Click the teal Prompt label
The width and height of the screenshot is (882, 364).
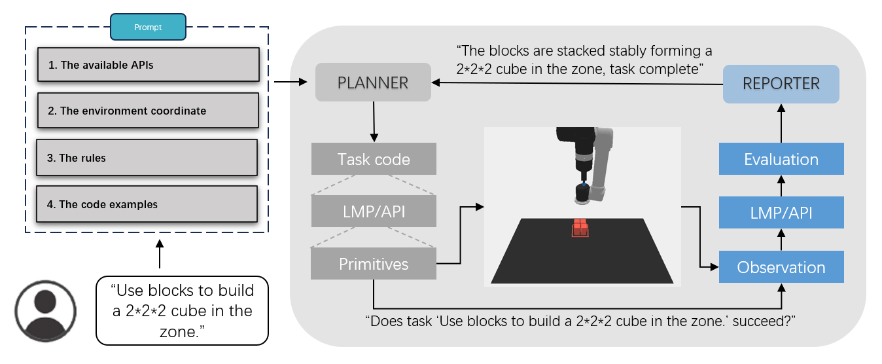tap(148, 27)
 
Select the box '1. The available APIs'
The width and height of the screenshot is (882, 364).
tap(149, 65)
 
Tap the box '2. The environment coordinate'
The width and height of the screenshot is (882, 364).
tap(149, 111)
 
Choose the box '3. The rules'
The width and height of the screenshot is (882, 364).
tap(147, 158)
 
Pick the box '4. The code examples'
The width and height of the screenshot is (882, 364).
tap(147, 204)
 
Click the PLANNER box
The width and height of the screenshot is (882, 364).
tap(373, 82)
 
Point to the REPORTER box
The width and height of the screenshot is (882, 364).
tap(781, 84)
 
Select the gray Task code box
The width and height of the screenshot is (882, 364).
tap(374, 159)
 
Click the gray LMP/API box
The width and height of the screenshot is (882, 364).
tap(374, 211)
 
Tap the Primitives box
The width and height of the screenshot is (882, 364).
tap(374, 264)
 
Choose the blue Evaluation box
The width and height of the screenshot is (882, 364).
tap(781, 159)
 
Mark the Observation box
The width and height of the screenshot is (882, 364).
tap(781, 267)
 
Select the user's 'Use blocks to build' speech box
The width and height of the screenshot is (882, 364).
tap(182, 310)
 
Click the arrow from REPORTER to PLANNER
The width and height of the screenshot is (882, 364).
tap(576, 83)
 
